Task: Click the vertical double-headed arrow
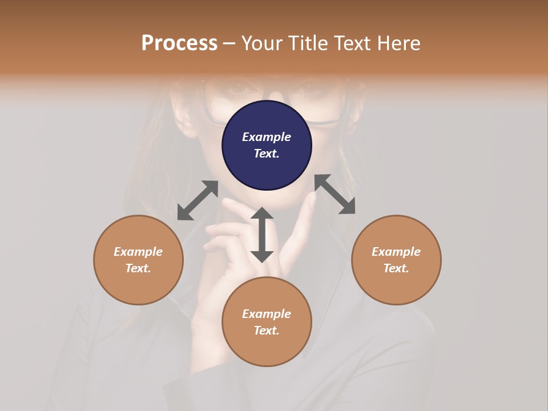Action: point(262,235)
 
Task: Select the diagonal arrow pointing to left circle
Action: point(198,200)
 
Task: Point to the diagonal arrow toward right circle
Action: point(335,194)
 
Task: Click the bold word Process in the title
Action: point(179,43)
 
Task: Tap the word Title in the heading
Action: point(308,43)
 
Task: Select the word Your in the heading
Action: point(262,43)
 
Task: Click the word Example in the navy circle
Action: point(267,137)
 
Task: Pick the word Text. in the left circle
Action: point(138,268)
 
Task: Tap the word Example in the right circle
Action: point(396,252)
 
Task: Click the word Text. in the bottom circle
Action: point(267,331)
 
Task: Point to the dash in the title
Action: point(229,43)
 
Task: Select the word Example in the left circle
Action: point(138,252)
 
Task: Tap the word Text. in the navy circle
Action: point(267,154)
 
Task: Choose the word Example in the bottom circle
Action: point(267,314)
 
